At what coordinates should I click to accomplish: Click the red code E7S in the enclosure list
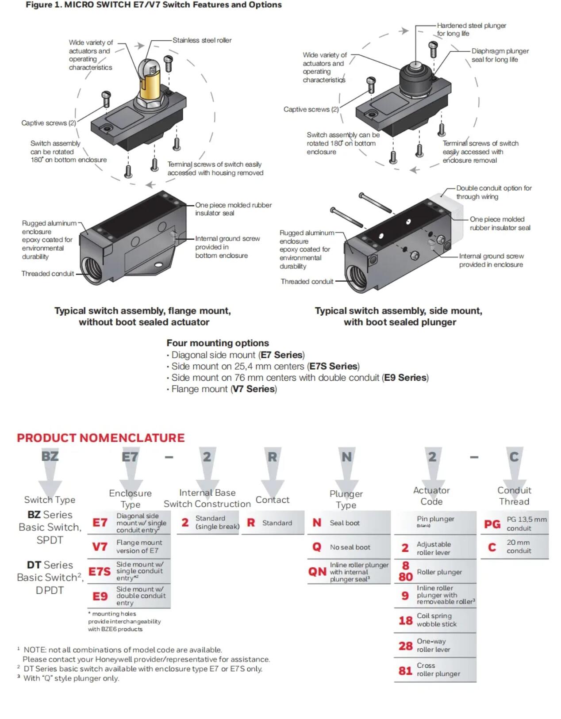(99, 571)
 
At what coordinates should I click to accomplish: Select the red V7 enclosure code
(100, 547)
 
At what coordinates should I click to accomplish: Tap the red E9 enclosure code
(100, 596)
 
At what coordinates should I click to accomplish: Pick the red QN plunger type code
(317, 571)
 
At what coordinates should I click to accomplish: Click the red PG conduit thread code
(492, 524)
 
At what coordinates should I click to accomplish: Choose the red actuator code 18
(405, 620)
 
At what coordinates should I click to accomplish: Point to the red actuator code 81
(405, 671)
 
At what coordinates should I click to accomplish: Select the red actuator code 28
(405, 646)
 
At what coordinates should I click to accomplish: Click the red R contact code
(251, 523)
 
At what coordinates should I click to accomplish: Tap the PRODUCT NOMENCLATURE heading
(101, 438)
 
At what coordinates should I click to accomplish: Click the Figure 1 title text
(154, 5)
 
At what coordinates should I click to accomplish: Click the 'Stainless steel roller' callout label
(202, 40)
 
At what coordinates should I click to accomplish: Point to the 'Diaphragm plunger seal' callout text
(500, 55)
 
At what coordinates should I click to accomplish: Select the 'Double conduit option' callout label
(494, 192)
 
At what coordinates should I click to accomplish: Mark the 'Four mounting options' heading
(218, 343)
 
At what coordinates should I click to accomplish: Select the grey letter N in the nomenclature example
(346, 457)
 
